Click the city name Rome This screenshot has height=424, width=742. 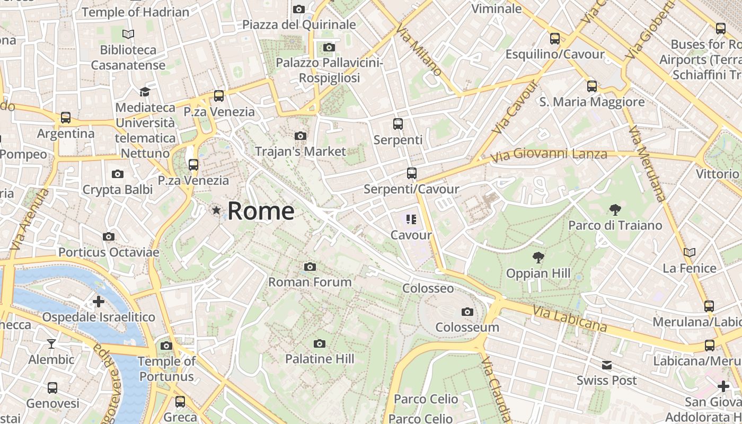point(261,211)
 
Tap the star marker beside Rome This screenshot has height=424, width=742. point(216,210)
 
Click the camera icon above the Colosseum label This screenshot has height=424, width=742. point(467,312)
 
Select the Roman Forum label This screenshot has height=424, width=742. point(310,281)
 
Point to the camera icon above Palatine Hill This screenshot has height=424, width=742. point(319,343)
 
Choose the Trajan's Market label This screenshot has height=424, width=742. point(301,151)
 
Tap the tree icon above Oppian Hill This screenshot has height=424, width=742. point(538,258)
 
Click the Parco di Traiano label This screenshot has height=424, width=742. point(615,225)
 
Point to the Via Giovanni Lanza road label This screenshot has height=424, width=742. point(549,155)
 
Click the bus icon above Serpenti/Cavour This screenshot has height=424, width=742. point(411,173)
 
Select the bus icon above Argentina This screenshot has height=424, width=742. point(66,118)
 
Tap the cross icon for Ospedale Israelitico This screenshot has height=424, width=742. point(99,302)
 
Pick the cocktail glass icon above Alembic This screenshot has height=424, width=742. point(51,344)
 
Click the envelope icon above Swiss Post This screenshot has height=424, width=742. point(607,365)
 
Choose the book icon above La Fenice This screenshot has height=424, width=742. point(690,252)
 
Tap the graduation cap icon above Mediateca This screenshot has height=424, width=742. point(145,92)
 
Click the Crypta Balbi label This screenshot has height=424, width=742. point(118,189)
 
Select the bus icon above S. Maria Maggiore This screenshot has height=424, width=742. point(591,86)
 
